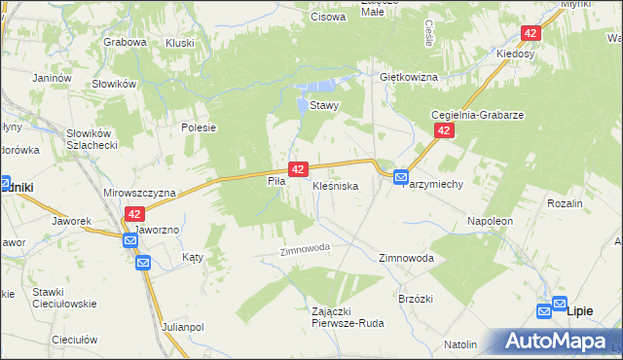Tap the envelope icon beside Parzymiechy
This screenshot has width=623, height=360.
[x=401, y=177]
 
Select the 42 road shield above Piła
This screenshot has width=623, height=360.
[x=298, y=168]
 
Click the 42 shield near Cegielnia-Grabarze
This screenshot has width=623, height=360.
[x=444, y=130]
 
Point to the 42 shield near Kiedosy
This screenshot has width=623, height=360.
[x=530, y=33]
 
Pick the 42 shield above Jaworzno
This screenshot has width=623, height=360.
[x=134, y=214]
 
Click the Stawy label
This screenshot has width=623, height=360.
[x=323, y=106]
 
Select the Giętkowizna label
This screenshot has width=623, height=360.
[x=409, y=77]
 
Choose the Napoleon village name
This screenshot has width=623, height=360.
[x=490, y=222]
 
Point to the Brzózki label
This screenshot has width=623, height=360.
[x=416, y=300]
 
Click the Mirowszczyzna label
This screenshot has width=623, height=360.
[x=137, y=193]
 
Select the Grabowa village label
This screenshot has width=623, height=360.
[x=125, y=43]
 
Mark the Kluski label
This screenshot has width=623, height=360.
[x=180, y=43]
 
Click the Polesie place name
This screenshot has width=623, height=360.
[x=198, y=127]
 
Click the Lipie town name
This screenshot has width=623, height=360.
[x=579, y=309]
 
